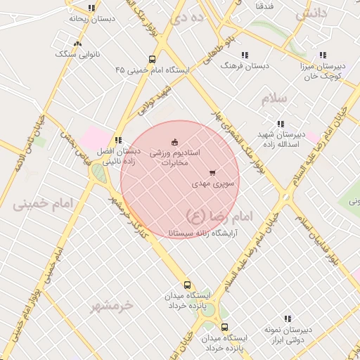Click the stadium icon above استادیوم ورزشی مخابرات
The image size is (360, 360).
(175, 143)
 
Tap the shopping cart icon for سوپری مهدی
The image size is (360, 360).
(212, 173)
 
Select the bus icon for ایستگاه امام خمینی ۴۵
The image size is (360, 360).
(153, 60)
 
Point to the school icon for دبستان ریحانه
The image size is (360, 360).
(91, 8)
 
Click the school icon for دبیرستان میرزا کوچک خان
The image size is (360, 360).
(323, 55)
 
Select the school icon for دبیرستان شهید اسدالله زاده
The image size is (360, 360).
(281, 124)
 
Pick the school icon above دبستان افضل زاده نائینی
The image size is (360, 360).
(117, 141)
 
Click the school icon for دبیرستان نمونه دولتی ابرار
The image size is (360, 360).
(287, 319)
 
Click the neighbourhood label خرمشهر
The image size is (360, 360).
(112, 306)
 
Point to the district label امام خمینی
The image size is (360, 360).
(43, 204)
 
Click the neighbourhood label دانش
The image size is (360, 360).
(311, 13)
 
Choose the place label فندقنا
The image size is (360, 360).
(265, 6)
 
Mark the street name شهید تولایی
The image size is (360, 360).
(155, 101)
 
